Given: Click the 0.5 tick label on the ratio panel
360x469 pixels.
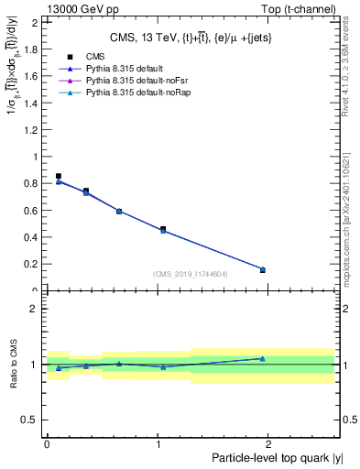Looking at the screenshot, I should coord(30,420).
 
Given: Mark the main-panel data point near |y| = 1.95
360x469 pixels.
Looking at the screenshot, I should coord(262,269).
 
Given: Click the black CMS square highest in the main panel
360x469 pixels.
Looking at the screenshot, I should coord(59,176).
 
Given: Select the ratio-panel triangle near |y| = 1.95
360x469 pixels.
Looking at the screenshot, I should coord(262,358).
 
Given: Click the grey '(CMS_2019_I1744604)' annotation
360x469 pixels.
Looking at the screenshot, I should coord(190,274).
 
